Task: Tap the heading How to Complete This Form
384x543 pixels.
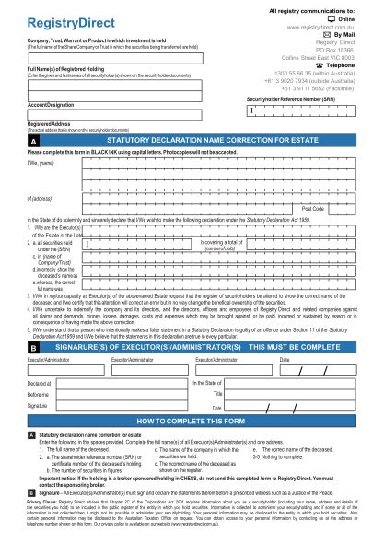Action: tap(192, 420)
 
